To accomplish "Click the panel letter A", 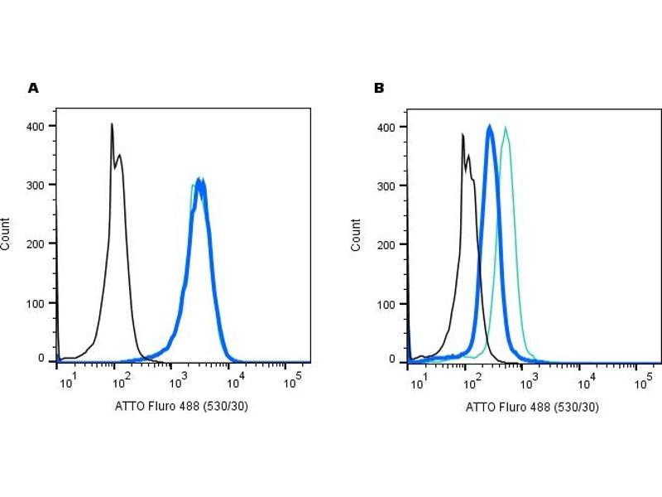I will pyautogui.click(x=33, y=88).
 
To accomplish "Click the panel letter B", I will pyautogui.click(x=379, y=88).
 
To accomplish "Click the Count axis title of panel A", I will pyautogui.click(x=7, y=234).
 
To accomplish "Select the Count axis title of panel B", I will pyautogui.click(x=357, y=235).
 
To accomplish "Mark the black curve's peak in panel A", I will pyautogui.click(x=112, y=124).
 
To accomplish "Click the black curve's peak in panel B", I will pyautogui.click(x=463, y=134).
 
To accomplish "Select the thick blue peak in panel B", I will pyautogui.click(x=490, y=128).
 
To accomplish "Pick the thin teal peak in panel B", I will pyautogui.click(x=505, y=128).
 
